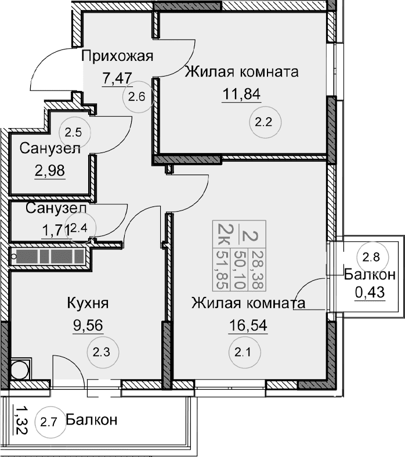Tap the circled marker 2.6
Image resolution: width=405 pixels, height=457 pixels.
point(137,97)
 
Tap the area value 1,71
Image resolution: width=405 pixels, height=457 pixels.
point(55,230)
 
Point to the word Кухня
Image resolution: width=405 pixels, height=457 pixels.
point(88,304)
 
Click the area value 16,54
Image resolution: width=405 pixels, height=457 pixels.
point(244,325)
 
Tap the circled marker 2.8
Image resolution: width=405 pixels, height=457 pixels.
point(370,256)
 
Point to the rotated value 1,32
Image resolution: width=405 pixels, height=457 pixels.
point(20,417)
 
